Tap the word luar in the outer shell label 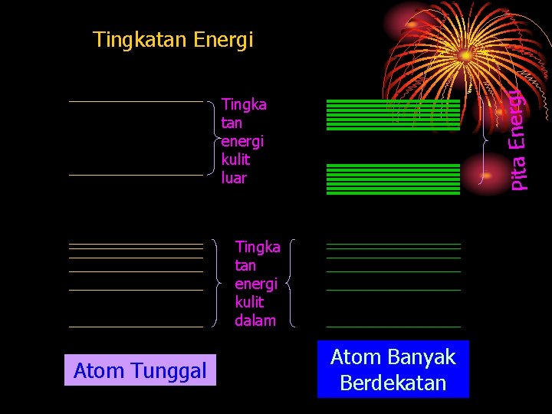(234, 178)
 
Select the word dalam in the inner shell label (255, 320)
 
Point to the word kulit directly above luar (235, 159)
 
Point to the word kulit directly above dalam (249, 302)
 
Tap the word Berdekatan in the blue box (393, 383)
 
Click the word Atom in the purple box (95, 371)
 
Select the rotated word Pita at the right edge (519, 172)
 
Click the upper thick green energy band (393, 115)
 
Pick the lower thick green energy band (393, 179)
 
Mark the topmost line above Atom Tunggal (136, 101)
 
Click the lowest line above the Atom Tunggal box (136, 327)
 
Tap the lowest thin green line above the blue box (393, 327)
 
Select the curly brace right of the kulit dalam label (290, 284)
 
